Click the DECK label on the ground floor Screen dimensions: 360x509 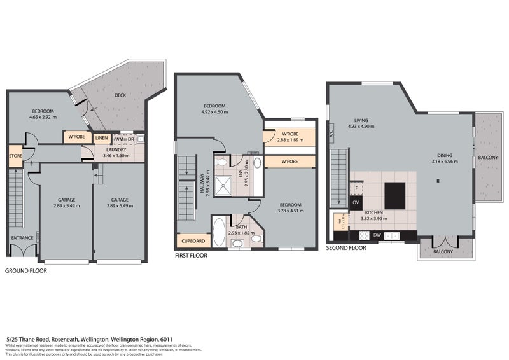[119, 96]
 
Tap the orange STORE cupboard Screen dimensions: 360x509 [15, 155]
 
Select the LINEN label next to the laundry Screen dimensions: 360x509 [101, 138]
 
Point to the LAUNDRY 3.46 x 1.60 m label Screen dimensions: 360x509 [116, 153]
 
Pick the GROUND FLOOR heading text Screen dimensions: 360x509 [26, 270]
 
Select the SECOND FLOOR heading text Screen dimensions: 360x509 [346, 248]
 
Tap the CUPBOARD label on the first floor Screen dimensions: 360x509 [193, 241]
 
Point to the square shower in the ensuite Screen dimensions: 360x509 [224, 185]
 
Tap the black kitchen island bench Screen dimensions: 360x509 [394, 192]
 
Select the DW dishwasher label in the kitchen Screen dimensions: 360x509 [377, 235]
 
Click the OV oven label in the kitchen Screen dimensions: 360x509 [356, 202]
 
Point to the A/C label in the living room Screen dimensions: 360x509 [331, 135]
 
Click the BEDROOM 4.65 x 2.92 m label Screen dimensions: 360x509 [45, 114]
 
